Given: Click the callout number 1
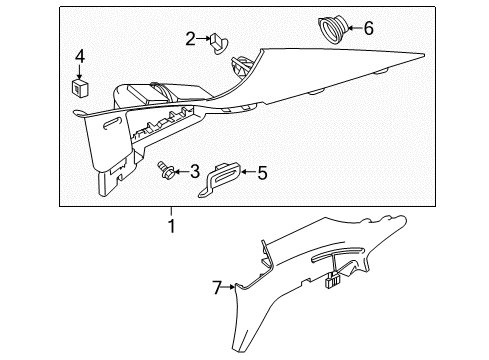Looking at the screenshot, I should (171, 227).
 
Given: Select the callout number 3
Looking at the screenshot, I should (195, 172).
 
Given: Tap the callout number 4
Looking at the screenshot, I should (80, 56).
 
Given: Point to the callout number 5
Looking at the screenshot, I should (262, 173).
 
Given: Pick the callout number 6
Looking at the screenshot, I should (368, 28).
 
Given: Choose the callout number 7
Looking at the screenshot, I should (215, 288).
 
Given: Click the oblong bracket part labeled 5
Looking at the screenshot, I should (226, 176).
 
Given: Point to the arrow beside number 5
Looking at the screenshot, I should (247, 173).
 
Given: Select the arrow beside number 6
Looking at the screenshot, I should (352, 28).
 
